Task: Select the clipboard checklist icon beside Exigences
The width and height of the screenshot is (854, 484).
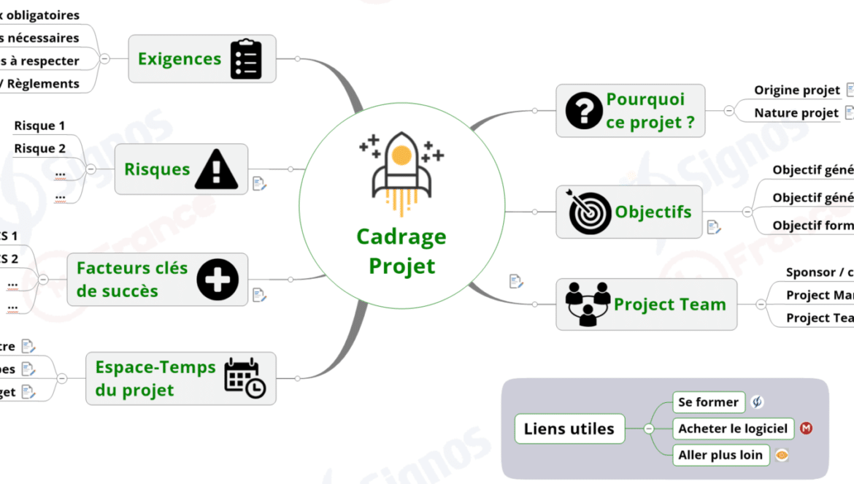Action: (246, 59)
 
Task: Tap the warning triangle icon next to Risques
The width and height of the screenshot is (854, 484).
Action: (216, 169)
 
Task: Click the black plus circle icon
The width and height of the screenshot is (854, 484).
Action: (218, 279)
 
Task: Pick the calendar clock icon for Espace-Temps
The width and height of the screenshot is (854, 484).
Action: (245, 378)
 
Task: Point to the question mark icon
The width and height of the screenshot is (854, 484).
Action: (584, 111)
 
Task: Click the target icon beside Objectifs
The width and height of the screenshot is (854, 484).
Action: (590, 212)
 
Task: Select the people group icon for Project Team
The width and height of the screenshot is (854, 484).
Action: (588, 304)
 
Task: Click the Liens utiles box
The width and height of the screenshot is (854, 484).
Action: (569, 429)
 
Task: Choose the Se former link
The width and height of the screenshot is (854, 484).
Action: (708, 402)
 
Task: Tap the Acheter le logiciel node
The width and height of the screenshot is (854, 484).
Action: (733, 429)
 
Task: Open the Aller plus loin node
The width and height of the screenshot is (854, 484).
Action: (720, 455)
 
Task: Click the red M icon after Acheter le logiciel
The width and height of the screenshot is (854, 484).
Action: (806, 429)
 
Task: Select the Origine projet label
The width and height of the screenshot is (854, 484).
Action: (797, 90)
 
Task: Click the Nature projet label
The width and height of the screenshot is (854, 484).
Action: (796, 112)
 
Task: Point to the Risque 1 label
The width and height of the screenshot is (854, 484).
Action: (39, 126)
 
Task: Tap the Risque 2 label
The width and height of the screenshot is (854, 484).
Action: (39, 148)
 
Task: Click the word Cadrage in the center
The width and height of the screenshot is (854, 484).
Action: (401, 237)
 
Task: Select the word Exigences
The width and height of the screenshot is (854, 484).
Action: (180, 58)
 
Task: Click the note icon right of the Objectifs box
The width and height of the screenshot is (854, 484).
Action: (714, 228)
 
